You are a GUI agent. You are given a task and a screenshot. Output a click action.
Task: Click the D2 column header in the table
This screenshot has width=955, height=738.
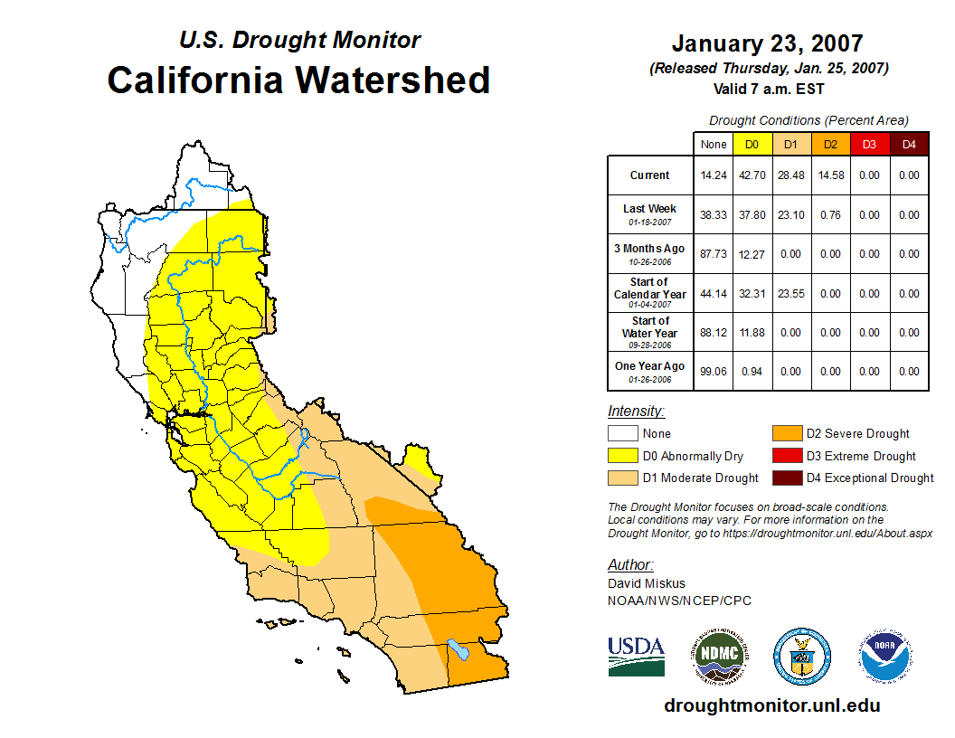(x=830, y=144)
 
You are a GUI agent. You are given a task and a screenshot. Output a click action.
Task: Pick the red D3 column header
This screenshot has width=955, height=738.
(x=869, y=144)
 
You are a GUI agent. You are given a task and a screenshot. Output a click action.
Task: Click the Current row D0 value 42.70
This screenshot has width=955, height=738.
(x=752, y=175)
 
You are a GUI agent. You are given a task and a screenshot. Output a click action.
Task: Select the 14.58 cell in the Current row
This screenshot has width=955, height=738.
(x=830, y=175)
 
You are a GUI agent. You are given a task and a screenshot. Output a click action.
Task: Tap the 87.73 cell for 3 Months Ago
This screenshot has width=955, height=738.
(x=714, y=254)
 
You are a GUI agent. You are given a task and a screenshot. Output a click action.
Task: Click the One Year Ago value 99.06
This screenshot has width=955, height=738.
(x=714, y=372)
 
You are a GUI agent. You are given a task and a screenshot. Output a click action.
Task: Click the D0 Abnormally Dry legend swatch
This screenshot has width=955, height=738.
(x=622, y=456)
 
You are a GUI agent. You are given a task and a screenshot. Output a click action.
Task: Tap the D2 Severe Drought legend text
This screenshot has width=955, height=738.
(x=857, y=433)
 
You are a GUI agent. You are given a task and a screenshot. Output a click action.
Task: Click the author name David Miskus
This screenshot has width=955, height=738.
(x=646, y=583)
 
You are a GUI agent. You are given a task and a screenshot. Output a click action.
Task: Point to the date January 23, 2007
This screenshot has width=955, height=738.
(x=767, y=43)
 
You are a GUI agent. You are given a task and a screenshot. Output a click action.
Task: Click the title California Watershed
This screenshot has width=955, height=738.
(x=298, y=80)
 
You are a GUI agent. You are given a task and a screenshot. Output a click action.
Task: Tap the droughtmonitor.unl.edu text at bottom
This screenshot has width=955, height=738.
(x=771, y=705)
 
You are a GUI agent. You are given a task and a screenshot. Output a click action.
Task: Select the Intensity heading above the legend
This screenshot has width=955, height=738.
(x=636, y=412)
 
